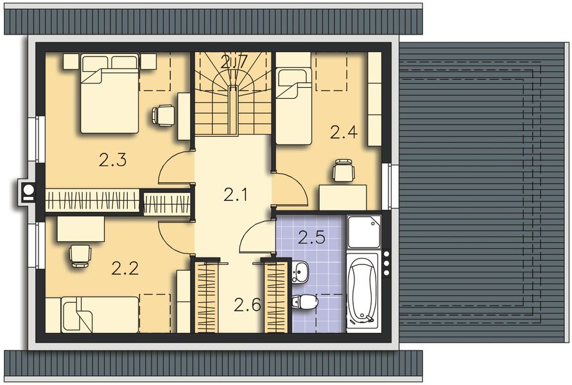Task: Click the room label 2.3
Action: (112, 160)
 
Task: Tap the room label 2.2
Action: (125, 269)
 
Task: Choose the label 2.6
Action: (247, 305)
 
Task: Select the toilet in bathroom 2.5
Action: (304, 301)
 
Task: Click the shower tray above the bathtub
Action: (364, 231)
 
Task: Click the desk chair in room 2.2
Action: (80, 255)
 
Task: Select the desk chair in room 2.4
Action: (342, 171)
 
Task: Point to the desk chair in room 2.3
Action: (163, 115)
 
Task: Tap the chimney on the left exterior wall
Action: (28, 191)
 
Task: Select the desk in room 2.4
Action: (343, 196)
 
